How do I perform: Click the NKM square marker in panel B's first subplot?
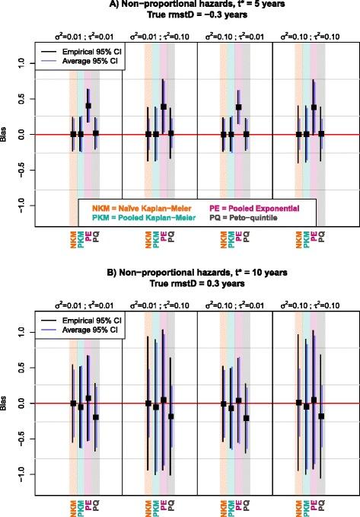pyautogui.click(x=73, y=403)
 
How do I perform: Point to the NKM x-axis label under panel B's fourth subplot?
pyautogui.click(x=298, y=506)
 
